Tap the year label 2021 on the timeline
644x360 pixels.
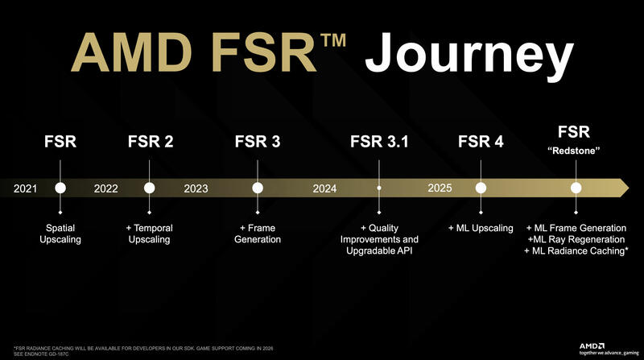(26, 188)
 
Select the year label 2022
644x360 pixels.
(106, 188)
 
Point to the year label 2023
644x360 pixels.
(196, 188)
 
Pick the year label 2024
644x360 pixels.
(324, 188)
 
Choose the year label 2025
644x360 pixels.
(440, 188)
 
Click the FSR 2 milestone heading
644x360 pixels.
(150, 143)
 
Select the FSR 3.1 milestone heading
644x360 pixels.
(379, 143)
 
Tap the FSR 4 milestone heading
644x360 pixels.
(480, 143)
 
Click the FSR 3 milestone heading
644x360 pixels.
(258, 143)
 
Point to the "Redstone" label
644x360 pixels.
(575, 151)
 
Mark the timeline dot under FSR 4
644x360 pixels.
(481, 188)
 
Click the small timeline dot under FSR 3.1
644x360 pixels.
(379, 188)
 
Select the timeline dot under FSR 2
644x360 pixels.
(150, 188)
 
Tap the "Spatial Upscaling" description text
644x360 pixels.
(60, 234)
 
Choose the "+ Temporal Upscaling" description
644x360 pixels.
(150, 234)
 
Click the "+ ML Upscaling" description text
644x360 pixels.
(481, 228)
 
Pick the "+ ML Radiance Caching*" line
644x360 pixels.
(576, 251)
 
